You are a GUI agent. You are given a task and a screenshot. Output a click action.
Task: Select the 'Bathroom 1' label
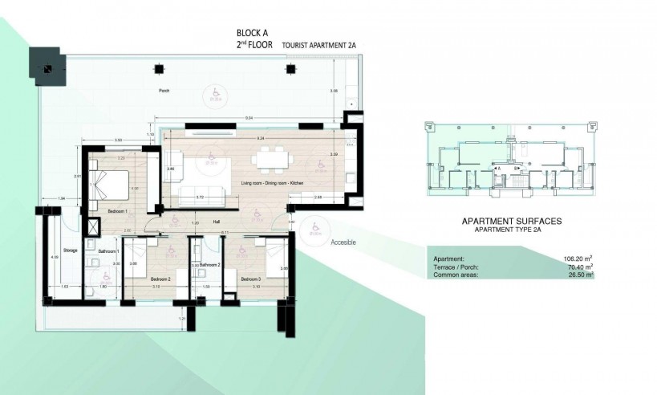[x=109, y=252]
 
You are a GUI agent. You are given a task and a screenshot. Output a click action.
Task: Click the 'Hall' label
[x=216, y=221]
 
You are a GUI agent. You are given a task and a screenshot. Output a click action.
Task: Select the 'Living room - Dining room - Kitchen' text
[x=269, y=185]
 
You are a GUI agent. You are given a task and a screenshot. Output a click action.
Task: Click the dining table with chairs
[x=270, y=159]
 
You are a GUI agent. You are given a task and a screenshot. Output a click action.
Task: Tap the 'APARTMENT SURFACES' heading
[x=510, y=220]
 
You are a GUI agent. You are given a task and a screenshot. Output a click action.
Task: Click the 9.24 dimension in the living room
[x=260, y=139]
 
